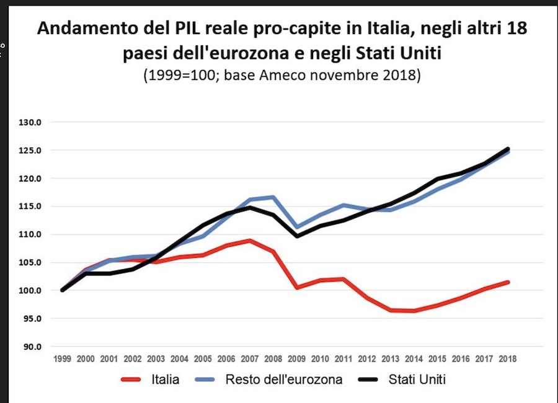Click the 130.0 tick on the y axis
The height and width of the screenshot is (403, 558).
29,122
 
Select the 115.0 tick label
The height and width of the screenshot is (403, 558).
29,206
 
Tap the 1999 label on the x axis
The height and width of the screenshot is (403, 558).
62,359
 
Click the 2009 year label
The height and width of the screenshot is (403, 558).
296,359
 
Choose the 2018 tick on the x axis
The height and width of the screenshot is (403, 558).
507,359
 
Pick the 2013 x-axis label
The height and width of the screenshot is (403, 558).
390,359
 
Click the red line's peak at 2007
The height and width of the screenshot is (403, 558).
249,241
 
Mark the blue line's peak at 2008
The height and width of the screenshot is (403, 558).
273,197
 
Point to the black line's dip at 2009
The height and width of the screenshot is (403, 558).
296,236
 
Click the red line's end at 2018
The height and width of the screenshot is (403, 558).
507,282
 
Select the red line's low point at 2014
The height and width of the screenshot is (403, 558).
414,311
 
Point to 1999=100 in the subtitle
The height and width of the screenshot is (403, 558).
181,76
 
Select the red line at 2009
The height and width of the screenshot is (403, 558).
296,288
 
